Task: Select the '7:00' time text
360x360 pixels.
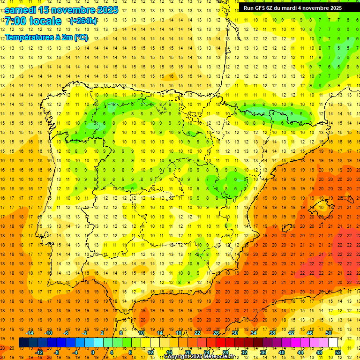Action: pyautogui.click(x=15, y=21)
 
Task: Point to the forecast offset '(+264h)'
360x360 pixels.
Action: pyautogui.click(x=83, y=21)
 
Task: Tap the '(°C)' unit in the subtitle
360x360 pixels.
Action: pyautogui.click(x=80, y=37)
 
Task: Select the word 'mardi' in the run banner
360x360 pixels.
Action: pyautogui.click(x=296, y=8)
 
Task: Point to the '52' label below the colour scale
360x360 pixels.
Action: pyautogui.click(x=338, y=352)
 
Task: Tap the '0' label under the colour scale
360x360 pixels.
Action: pyautogui.click(x=93, y=352)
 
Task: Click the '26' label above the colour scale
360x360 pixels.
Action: pyautogui.click(x=216, y=333)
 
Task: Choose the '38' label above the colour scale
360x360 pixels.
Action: pyautogui.click(x=272, y=333)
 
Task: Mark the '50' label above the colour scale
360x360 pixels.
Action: pyautogui.click(x=328, y=333)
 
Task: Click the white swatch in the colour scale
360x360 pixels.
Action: pyautogui.click(x=333, y=343)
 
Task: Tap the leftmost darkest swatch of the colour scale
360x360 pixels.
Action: pyautogui.click(x=23, y=343)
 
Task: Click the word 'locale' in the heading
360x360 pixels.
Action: pyautogui.click(x=45, y=21)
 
